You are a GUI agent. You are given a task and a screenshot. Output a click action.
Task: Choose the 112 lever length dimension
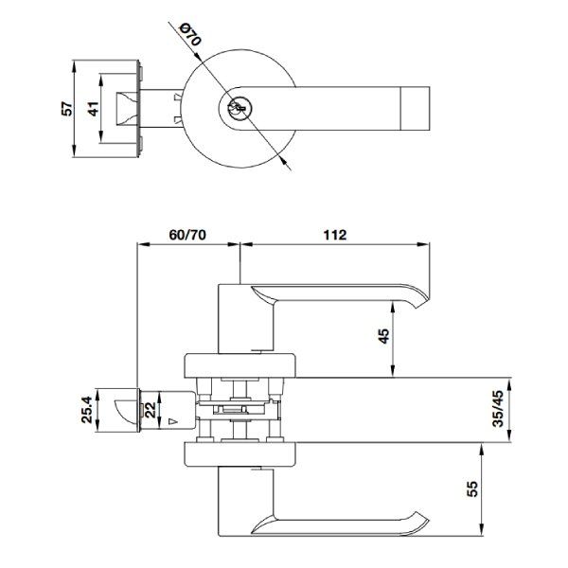[334, 234]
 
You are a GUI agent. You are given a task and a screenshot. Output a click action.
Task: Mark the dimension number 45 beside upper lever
[384, 338]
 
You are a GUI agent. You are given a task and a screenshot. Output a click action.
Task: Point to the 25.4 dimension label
[86, 411]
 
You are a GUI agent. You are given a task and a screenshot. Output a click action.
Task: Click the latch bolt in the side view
[122, 411]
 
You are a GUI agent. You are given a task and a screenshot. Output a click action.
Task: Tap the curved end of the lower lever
[417, 520]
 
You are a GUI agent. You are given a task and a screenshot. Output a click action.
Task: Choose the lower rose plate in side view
[241, 456]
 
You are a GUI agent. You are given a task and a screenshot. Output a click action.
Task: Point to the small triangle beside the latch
[173, 418]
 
